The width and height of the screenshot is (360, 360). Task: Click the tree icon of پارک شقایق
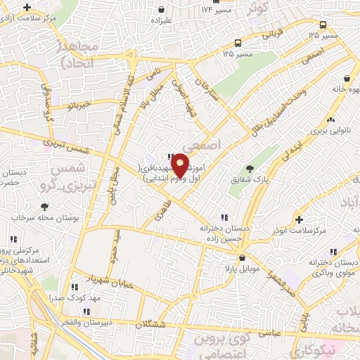(249, 169)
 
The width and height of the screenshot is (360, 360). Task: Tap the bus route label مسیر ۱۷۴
(217, 10)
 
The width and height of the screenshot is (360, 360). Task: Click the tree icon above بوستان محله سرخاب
(44, 207)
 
